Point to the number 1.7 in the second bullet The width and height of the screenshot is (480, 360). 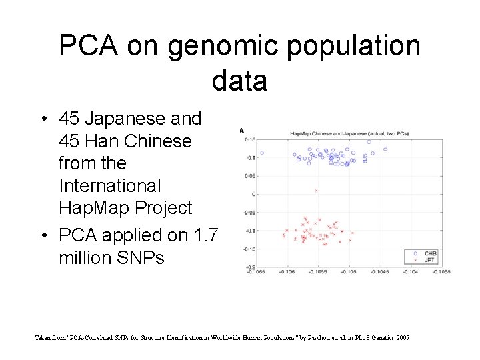pyautogui.click(x=206, y=235)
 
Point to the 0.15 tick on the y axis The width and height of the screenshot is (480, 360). pyautogui.click(x=250, y=139)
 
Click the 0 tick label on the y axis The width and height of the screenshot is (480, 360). pyautogui.click(x=254, y=194)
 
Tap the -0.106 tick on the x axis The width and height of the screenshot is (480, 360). pyautogui.click(x=287, y=272)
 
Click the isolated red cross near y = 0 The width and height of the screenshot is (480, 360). pyautogui.click(x=316, y=191)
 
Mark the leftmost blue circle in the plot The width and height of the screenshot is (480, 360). pyautogui.click(x=262, y=153)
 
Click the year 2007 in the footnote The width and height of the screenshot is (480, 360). pyautogui.click(x=403, y=339)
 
